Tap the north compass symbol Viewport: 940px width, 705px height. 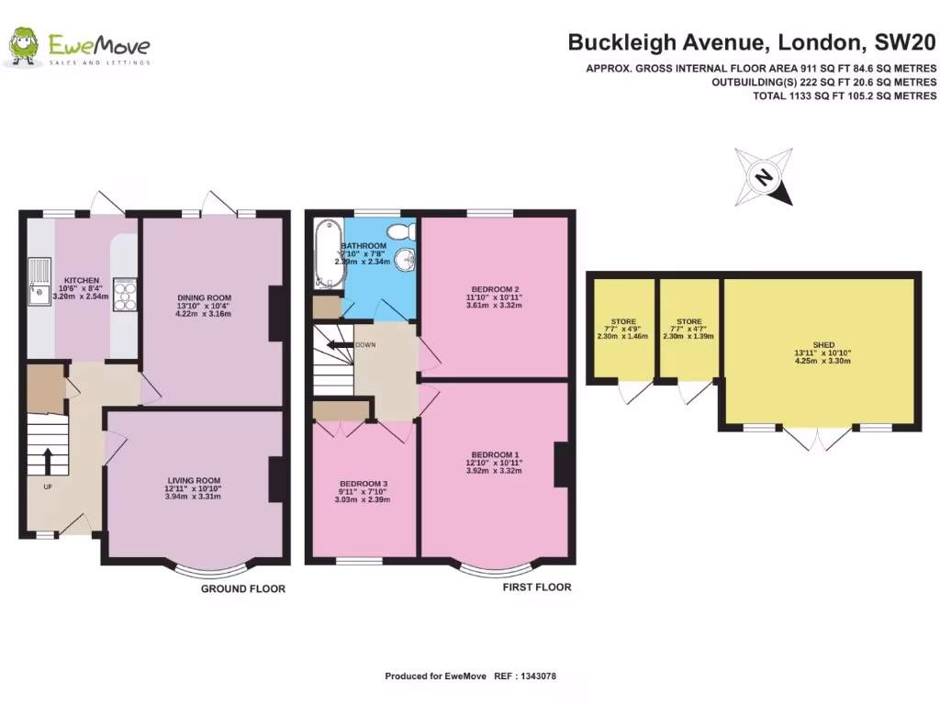(763, 177)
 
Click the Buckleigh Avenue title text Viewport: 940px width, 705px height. (752, 41)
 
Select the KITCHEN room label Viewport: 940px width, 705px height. (81, 280)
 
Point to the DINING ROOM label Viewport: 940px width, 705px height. (205, 297)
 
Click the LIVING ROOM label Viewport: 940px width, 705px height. (194, 480)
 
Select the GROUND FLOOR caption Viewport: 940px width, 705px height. (243, 589)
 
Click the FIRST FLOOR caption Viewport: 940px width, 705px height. (536, 587)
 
